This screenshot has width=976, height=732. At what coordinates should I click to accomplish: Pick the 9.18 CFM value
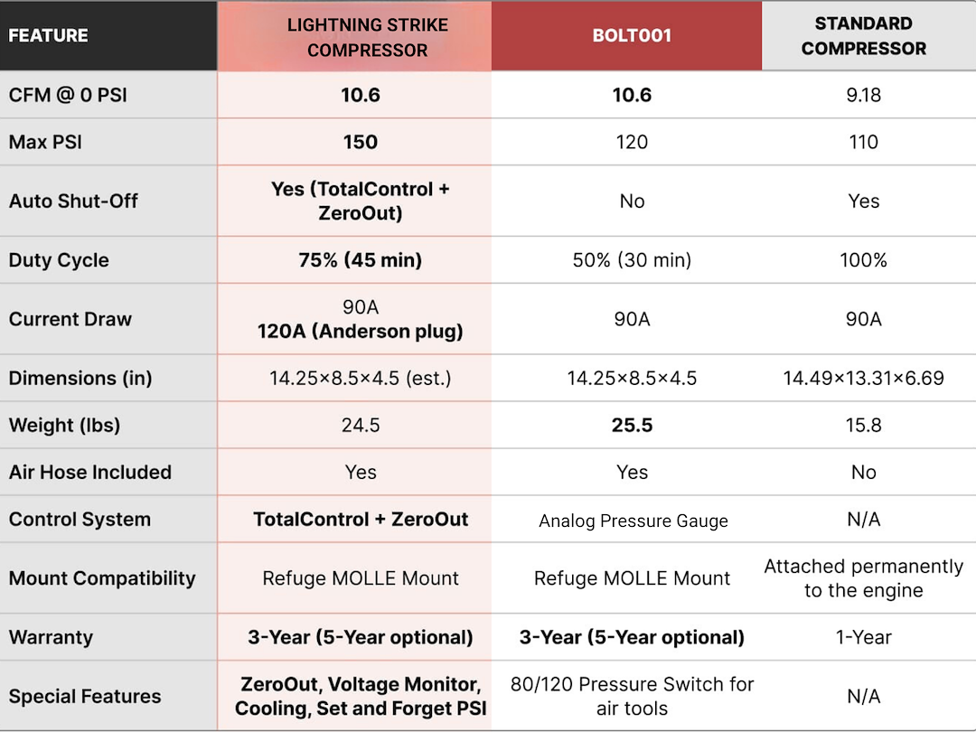click(x=863, y=95)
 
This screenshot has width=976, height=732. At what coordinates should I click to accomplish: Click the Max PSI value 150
click(x=361, y=142)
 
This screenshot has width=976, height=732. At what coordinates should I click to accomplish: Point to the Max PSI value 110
click(x=863, y=142)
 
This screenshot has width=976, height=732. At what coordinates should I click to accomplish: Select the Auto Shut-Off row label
click(x=73, y=201)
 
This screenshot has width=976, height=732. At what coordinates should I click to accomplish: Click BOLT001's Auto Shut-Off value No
click(x=632, y=201)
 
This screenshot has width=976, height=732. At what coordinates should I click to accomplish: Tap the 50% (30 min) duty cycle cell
click(x=632, y=259)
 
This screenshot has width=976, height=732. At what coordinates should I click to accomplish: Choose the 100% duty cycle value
click(x=863, y=259)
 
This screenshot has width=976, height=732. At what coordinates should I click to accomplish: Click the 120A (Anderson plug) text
click(x=361, y=331)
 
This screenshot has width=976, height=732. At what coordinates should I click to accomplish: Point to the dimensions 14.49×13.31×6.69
click(x=863, y=378)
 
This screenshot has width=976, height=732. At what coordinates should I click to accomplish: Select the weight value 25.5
click(x=632, y=425)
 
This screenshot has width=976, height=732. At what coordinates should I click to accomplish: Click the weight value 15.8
click(x=863, y=425)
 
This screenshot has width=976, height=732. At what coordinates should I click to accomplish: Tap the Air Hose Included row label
click(x=90, y=472)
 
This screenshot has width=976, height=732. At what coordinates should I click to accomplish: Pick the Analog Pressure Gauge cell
click(x=633, y=521)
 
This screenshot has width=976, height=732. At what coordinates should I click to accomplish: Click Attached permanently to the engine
click(x=863, y=577)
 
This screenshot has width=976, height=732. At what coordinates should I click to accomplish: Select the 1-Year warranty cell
click(x=863, y=637)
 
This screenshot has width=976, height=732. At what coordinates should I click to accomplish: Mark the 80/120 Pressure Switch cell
click(x=632, y=696)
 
